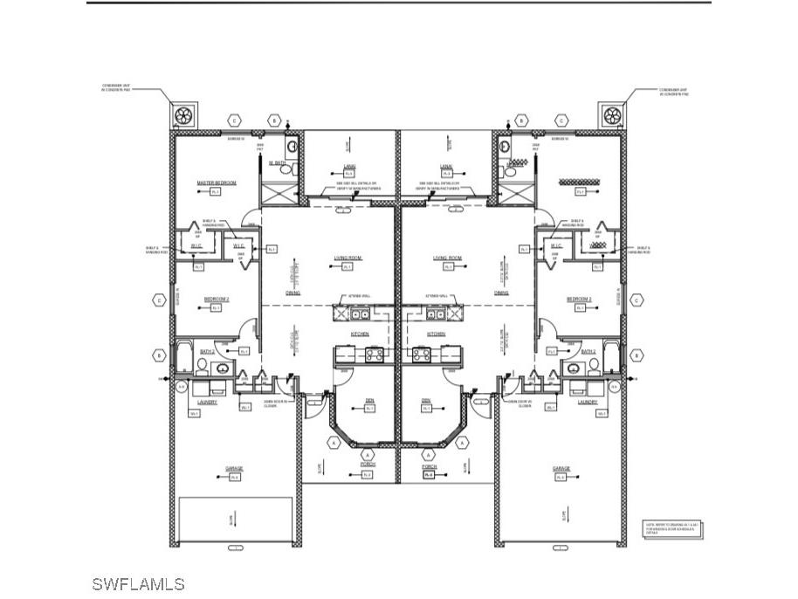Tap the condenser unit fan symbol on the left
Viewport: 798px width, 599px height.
(x=183, y=115)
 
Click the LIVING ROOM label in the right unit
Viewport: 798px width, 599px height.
(x=447, y=258)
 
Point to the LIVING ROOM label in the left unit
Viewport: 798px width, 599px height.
(x=347, y=258)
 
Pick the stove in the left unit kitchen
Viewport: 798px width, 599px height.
(x=375, y=354)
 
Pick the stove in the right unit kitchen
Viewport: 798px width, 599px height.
(x=421, y=354)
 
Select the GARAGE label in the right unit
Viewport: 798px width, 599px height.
(x=561, y=468)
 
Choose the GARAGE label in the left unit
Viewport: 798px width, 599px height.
(x=234, y=468)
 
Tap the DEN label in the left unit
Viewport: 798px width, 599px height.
(x=369, y=401)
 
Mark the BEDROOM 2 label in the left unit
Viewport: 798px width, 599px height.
(x=217, y=299)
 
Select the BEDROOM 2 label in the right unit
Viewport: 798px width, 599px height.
(x=579, y=299)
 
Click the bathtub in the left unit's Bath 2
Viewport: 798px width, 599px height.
(x=184, y=355)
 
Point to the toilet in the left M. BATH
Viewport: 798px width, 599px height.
(x=292, y=147)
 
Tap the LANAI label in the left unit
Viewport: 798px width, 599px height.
(x=348, y=165)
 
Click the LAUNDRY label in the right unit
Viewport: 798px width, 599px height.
(x=588, y=403)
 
